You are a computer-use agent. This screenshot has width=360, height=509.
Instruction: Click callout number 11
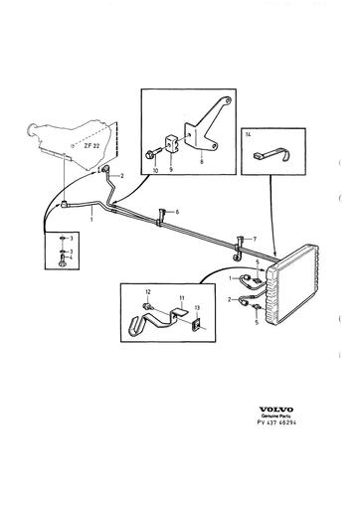181,297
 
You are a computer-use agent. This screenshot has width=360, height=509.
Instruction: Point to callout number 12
147,290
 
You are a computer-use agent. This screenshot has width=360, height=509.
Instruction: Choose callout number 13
195,307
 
